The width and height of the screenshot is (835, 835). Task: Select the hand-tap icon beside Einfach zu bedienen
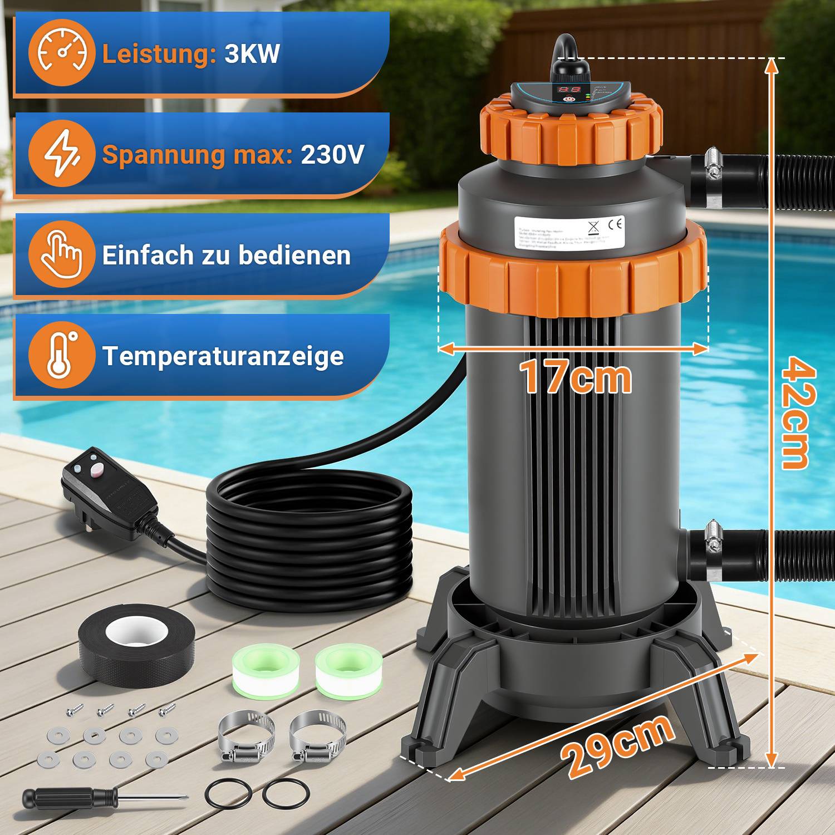[x=61, y=254]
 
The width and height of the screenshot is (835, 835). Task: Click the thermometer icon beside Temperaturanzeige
[x=61, y=355]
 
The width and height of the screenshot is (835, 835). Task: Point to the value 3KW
[x=252, y=54]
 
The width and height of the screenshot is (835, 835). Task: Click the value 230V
[x=332, y=154]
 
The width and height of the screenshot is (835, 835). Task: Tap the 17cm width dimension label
[x=575, y=377]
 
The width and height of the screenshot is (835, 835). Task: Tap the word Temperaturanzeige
[x=223, y=356]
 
